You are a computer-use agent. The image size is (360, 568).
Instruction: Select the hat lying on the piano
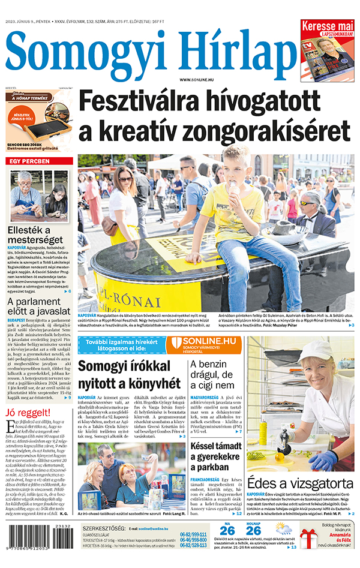click(282, 230)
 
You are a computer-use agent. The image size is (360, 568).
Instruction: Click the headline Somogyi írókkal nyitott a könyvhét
click(129, 375)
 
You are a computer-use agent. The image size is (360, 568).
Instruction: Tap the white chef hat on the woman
click(316, 350)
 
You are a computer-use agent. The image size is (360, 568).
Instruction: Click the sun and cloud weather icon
click(284, 529)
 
